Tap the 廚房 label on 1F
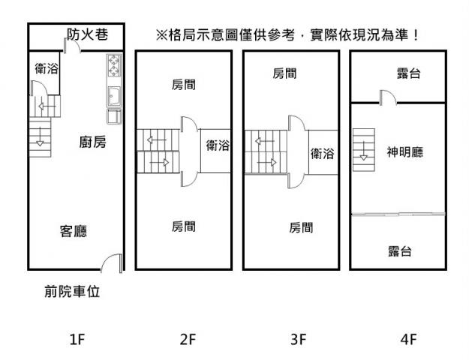pos(92,142)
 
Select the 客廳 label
pos(75,231)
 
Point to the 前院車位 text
pos(72,292)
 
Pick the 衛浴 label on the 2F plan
pos(218,145)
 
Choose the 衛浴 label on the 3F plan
pos(323,153)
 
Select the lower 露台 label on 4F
pos(400,250)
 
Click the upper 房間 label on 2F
pos(184,84)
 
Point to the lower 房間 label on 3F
pos(301,226)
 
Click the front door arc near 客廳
pos(111,262)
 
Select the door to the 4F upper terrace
pos(387,97)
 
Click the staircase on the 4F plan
pos(363,145)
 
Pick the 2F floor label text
pos(188,340)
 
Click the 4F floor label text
pos(408,340)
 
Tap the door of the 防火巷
pos(71,46)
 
